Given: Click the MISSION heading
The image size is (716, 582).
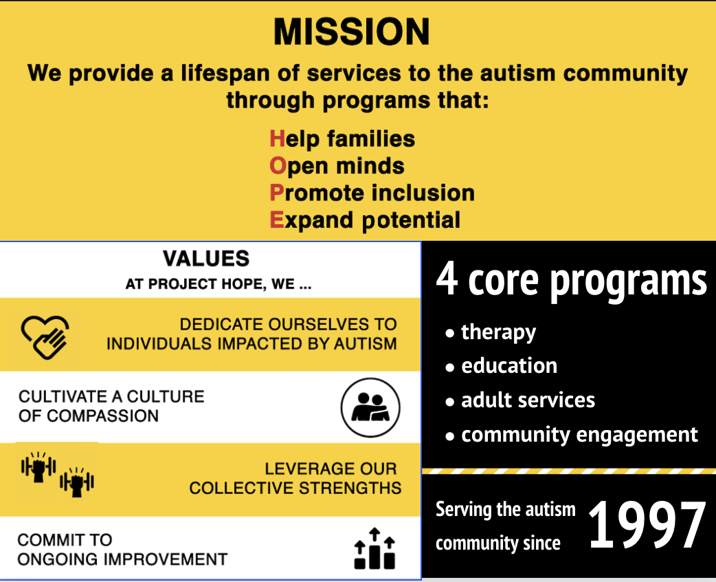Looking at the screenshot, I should click(x=351, y=32).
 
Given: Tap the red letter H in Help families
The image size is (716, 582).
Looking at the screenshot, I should click(x=277, y=139).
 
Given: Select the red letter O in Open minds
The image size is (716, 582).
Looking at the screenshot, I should click(x=278, y=166).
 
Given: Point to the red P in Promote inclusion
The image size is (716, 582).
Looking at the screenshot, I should click(x=277, y=193).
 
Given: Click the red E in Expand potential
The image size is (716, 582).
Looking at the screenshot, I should click(x=277, y=219).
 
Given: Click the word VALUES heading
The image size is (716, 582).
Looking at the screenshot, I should click(x=206, y=259).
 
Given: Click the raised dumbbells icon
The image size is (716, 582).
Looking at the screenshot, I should click(x=57, y=473).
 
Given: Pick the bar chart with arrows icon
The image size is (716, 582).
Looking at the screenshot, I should click(x=374, y=548).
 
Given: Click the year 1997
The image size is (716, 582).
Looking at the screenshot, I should click(x=647, y=526).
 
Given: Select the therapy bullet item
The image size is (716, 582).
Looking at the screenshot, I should click(x=498, y=332).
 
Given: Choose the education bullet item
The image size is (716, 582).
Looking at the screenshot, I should click(x=508, y=365).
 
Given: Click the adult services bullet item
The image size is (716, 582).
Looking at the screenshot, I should click(x=528, y=400).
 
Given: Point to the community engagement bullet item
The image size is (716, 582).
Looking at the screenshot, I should click(x=579, y=435).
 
